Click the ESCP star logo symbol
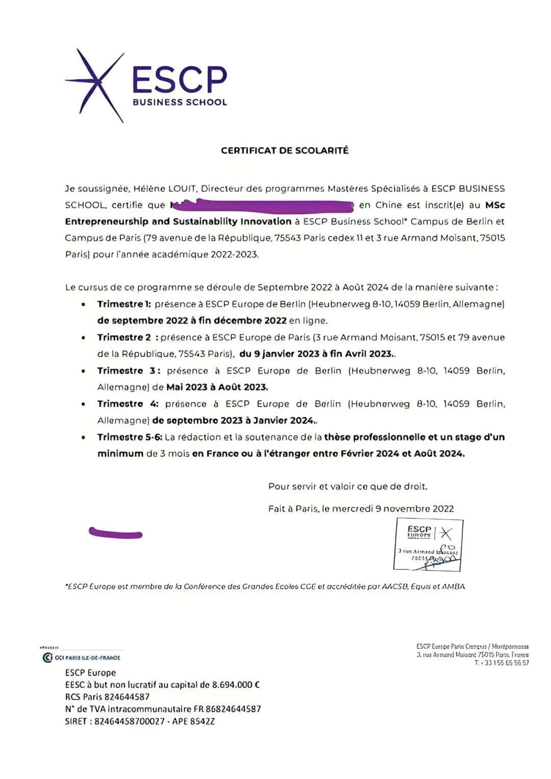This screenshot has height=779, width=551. click(x=95, y=85)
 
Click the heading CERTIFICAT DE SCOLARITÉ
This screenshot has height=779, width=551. click(x=285, y=151)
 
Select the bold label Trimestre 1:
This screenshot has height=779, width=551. click(x=124, y=304)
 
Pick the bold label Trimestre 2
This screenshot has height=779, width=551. click(x=124, y=337)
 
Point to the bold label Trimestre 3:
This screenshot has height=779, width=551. click(x=129, y=371)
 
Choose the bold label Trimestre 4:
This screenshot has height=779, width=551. click(x=128, y=404)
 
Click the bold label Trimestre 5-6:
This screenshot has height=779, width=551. click(x=130, y=437)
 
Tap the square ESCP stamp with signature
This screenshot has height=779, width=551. click(x=428, y=544)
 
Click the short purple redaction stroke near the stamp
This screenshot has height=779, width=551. click(x=115, y=533)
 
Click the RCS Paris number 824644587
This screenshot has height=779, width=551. click(x=128, y=697)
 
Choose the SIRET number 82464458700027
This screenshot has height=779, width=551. click(x=130, y=721)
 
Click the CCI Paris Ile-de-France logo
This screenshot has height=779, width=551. click(x=81, y=658)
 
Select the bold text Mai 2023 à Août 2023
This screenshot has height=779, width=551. click(x=217, y=387)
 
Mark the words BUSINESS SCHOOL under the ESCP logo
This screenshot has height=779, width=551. click(x=180, y=102)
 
